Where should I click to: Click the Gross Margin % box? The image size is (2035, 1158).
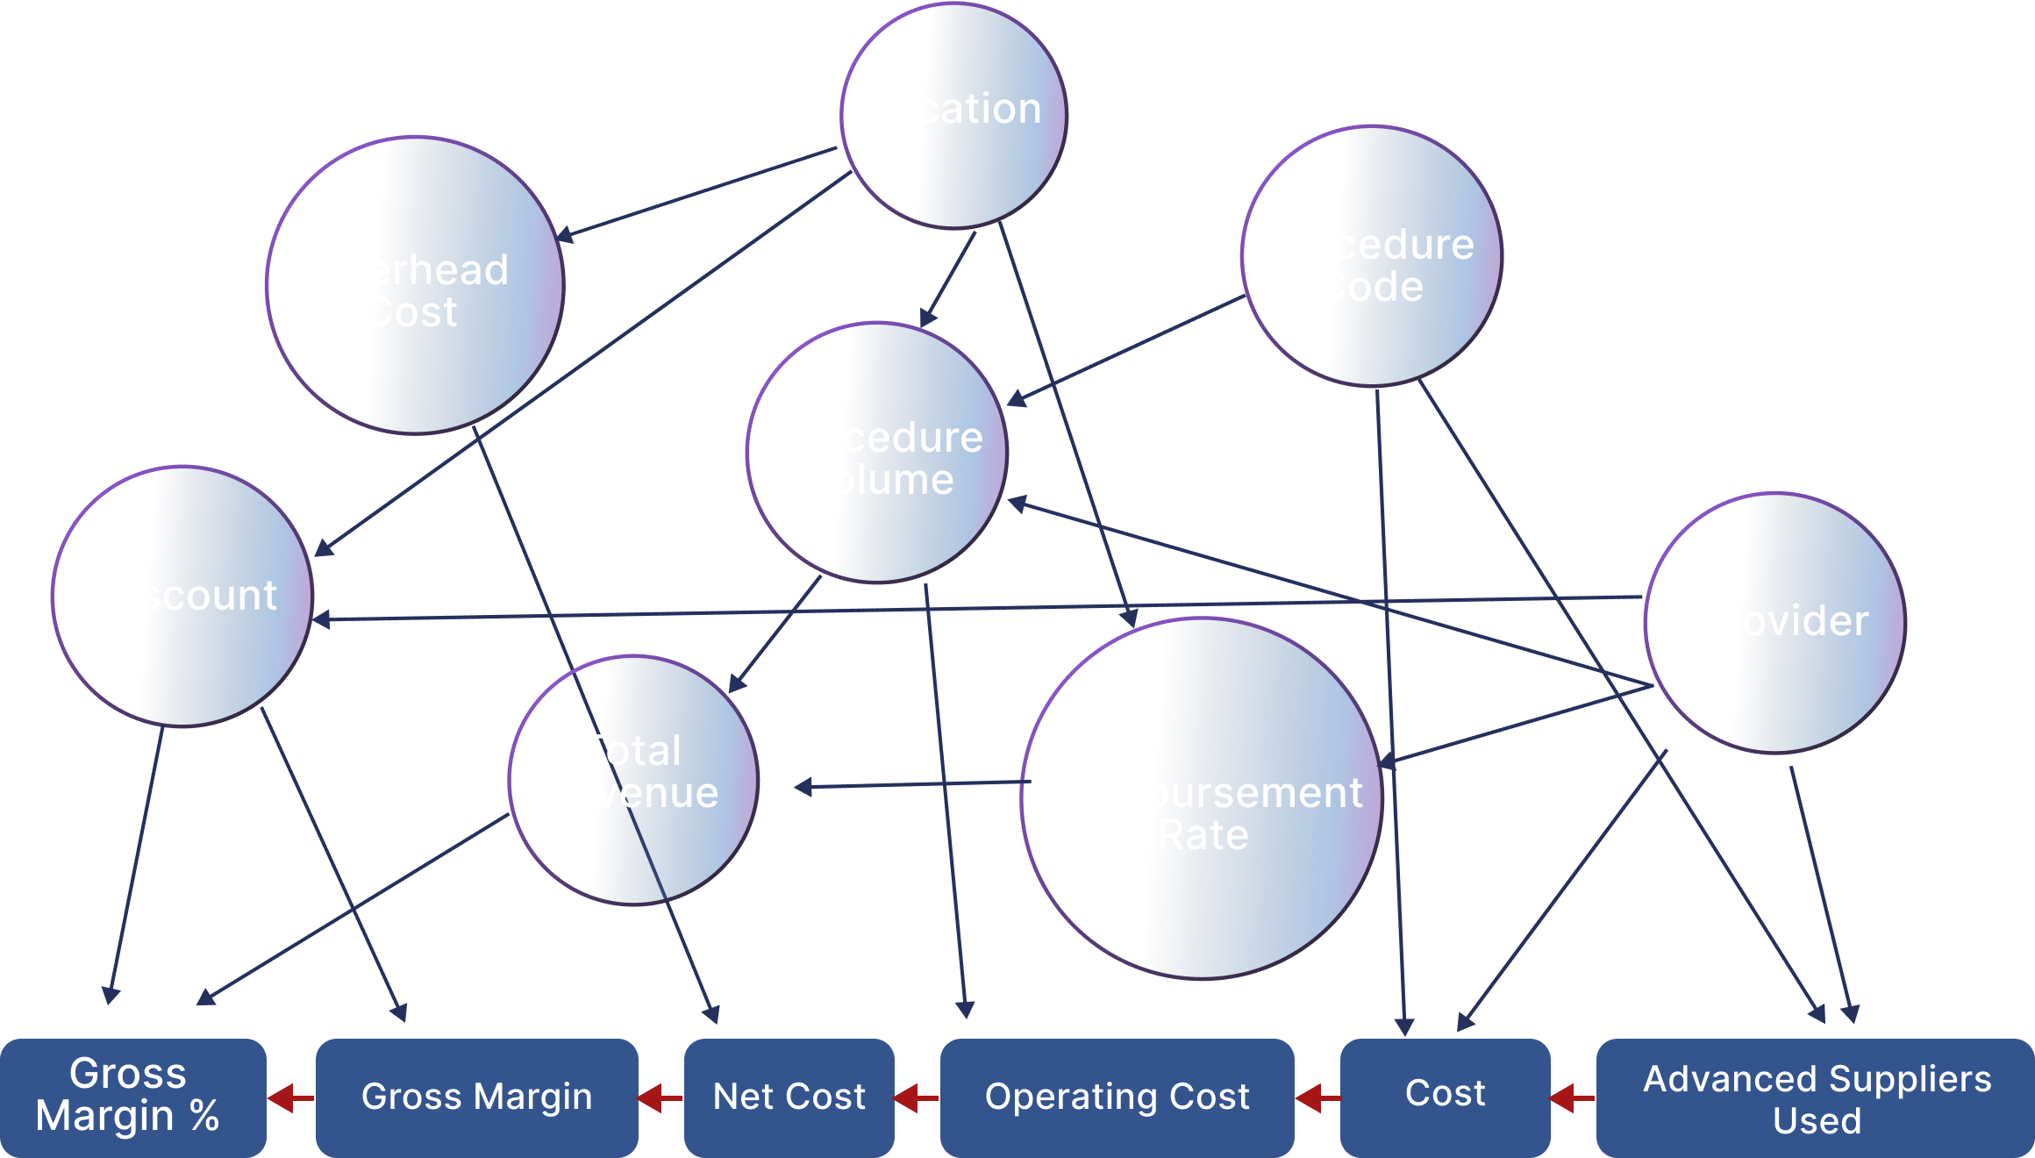(132, 1097)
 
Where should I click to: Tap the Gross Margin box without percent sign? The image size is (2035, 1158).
(476, 1097)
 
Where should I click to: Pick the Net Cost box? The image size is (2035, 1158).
(789, 1097)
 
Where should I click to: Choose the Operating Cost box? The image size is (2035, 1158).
(1117, 1097)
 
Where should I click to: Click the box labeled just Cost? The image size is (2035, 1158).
(1445, 1097)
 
